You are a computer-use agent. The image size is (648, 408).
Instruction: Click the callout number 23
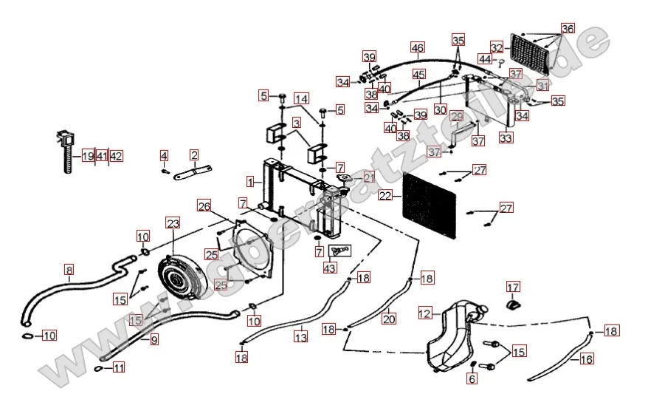click(x=173, y=222)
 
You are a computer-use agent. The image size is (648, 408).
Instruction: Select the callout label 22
click(x=385, y=196)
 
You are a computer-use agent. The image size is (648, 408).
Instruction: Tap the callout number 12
click(x=424, y=313)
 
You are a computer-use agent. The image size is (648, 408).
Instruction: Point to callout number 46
click(x=418, y=48)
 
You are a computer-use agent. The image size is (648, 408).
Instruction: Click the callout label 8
click(x=69, y=270)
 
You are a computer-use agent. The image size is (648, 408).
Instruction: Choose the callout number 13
click(x=300, y=337)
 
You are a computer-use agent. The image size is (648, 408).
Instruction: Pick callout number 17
click(x=513, y=288)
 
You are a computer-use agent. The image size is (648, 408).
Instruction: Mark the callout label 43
click(x=329, y=268)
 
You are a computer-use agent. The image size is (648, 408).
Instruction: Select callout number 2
click(x=194, y=155)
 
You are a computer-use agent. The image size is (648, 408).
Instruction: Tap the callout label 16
click(x=587, y=359)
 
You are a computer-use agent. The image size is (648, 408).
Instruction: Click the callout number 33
click(x=506, y=137)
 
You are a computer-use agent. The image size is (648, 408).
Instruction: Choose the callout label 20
click(x=389, y=319)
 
